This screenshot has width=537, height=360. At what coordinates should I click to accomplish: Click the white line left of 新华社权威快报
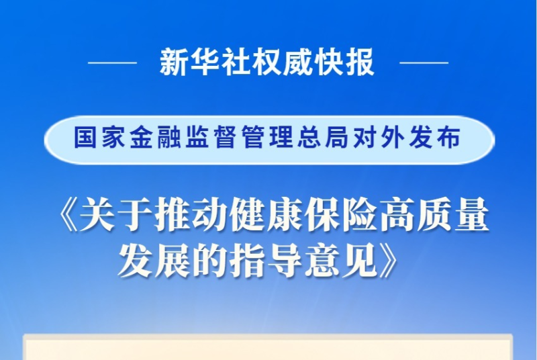click(112, 62)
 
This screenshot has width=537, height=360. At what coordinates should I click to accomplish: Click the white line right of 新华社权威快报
click(424, 62)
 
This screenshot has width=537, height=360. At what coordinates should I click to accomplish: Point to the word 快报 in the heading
click(344, 62)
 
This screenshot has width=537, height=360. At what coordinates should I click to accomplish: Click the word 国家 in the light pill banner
click(97, 138)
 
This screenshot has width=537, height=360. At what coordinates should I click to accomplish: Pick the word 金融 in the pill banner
click(152, 138)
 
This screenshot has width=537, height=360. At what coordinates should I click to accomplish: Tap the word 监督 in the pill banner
click(208, 138)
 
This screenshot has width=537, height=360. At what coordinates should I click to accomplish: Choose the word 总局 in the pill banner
click(320, 138)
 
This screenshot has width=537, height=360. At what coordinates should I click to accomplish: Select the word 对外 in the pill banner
click(375, 138)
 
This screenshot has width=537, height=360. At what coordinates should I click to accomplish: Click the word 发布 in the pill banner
click(431, 138)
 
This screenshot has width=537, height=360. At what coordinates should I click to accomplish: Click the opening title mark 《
click(68, 216)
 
